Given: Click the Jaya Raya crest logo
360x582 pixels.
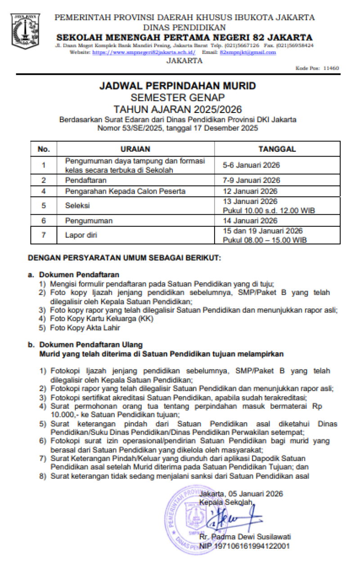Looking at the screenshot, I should [x=26, y=32].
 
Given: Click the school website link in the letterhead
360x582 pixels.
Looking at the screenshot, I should [x=144, y=53].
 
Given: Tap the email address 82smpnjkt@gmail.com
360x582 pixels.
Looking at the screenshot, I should [x=247, y=53].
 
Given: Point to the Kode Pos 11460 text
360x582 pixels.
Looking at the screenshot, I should [x=317, y=68].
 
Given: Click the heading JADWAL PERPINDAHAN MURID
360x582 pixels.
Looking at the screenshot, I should [x=177, y=86].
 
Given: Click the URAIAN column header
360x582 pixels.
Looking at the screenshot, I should [x=135, y=149].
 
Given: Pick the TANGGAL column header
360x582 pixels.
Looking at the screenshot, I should [x=277, y=149].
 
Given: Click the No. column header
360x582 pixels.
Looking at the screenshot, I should [x=44, y=149].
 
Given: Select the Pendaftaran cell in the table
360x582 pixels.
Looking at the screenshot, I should [x=86, y=180].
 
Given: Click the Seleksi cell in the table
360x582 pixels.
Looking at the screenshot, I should [x=77, y=205].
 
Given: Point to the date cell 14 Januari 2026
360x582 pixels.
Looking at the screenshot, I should [x=250, y=221].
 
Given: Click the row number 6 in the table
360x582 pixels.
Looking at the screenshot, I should [x=44, y=221].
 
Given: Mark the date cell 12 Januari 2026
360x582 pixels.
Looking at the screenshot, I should [x=250, y=191].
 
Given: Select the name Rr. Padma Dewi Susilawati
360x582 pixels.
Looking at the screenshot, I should [x=245, y=537].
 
